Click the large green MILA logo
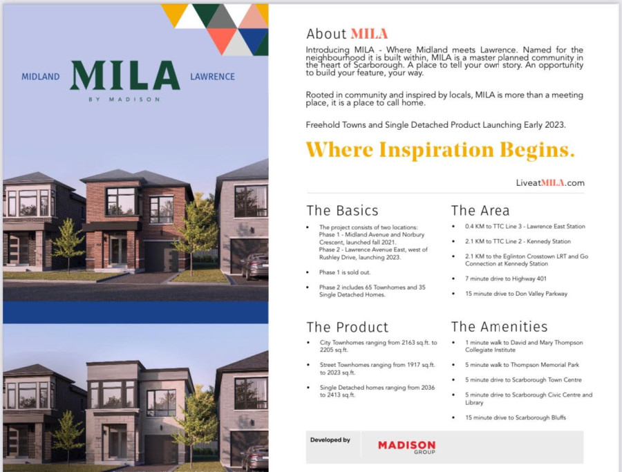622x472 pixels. point(125,75)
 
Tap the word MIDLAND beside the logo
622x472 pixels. point(41,77)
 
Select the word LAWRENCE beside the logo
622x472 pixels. point(212,77)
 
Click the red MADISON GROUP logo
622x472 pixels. point(406,447)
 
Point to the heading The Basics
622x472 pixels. point(342,211)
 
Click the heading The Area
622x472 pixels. point(480,211)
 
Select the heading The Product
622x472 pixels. point(348,328)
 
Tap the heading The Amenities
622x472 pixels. point(500,327)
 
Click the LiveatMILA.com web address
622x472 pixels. point(550,183)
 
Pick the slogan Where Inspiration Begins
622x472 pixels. point(440,150)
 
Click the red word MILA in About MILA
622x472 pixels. point(369,34)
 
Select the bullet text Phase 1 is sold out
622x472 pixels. point(345,272)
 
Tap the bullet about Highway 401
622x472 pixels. point(506,279)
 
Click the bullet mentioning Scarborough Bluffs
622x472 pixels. point(516,417)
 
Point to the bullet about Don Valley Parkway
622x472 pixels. point(516,294)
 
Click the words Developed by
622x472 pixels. point(330,440)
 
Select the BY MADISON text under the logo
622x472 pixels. point(124,99)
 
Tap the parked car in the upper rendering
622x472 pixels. point(254,267)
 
